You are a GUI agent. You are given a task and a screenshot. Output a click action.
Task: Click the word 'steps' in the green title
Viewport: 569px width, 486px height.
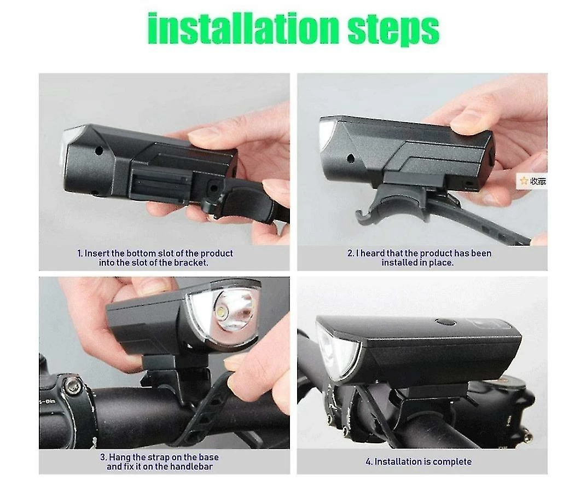point(393,30)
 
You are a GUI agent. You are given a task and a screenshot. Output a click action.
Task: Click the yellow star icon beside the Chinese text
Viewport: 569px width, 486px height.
point(524,181)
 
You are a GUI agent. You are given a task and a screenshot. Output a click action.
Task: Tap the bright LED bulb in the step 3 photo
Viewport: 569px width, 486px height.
point(222,311)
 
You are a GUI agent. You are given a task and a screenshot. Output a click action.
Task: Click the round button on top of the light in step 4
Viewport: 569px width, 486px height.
point(446,322)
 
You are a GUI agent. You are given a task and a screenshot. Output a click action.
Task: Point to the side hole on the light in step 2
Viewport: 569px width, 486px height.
point(351,158)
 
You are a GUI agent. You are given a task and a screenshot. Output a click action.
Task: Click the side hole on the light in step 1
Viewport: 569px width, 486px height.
point(98,149)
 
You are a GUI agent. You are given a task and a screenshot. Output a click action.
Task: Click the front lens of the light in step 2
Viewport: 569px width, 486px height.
point(326,133)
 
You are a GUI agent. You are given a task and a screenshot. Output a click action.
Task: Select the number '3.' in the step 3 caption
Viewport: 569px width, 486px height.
point(103,458)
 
